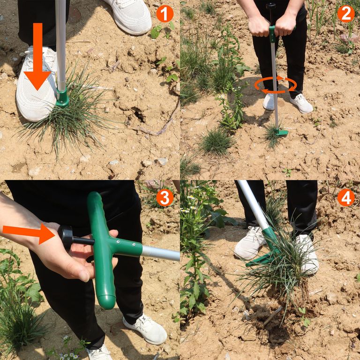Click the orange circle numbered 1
pyautogui.click(x=165, y=14)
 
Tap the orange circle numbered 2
pyautogui.click(x=346, y=14)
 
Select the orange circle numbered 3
pyautogui.click(x=165, y=197)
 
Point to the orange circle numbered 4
pyautogui.click(x=346, y=197)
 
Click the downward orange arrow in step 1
pyautogui.click(x=37, y=56)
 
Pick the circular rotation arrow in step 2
pyautogui.click(x=276, y=85)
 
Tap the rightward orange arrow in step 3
pyautogui.click(x=29, y=233)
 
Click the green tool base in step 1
pyautogui.click(x=62, y=98)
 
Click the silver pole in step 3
pyautogui.click(x=161, y=253)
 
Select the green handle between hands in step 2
pyautogui.click(x=272, y=34)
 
